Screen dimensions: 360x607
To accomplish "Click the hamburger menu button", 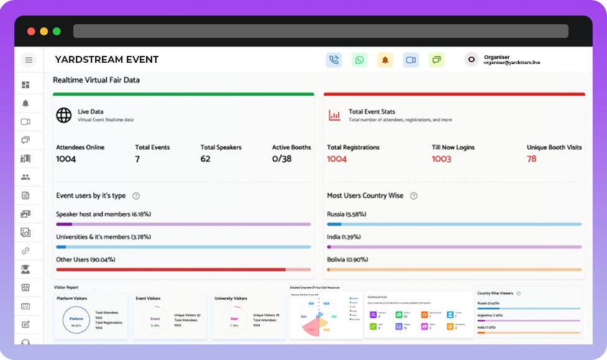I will point(29,60).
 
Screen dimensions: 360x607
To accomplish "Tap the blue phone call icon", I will point(334,60).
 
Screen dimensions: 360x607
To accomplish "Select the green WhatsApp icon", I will point(359,60).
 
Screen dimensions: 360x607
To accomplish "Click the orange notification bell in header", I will point(385,60).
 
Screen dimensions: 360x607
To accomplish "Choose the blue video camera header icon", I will point(411,60).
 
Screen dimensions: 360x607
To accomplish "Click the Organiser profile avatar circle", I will point(472,60).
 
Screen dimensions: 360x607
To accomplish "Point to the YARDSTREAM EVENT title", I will point(107,60).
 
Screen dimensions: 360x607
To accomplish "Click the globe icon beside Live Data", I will point(64,115).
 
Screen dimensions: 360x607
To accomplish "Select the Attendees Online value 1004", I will point(66,159).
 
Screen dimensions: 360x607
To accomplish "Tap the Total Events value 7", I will point(137,159).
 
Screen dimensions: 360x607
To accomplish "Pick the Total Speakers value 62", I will point(206,159).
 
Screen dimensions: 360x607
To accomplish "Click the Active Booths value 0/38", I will point(282,159).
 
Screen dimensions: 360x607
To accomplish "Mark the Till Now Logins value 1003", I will point(442,159).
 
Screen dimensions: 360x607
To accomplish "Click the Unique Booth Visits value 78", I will point(531,159).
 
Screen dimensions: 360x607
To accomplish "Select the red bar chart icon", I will point(334,115).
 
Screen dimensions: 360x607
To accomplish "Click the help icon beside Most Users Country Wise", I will point(414,196).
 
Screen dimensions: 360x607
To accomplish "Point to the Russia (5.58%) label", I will point(347,214).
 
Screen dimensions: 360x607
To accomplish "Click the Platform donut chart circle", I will point(76,321).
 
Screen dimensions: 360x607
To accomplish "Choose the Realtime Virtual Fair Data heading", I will point(96,80).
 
